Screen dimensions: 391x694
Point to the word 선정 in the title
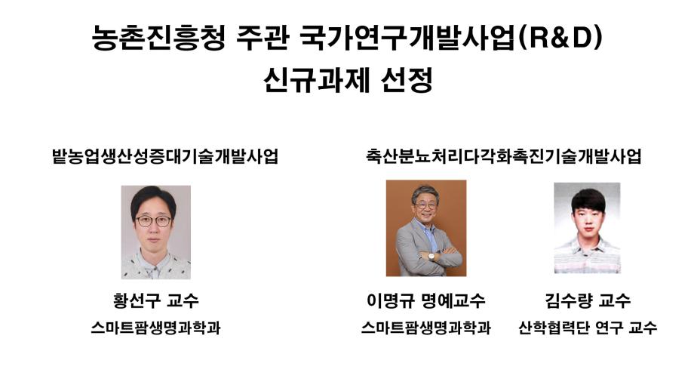coord(403,79)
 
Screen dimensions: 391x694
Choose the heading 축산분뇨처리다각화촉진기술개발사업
coord(502,157)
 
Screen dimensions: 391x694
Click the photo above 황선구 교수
coord(155,232)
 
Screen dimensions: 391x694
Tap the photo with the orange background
coord(425,228)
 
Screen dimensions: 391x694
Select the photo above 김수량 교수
coord(587,227)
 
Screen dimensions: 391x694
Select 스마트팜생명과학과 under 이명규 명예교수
coord(425,328)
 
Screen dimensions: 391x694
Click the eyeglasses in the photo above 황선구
coord(154,220)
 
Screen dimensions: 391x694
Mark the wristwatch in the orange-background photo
coord(431,256)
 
